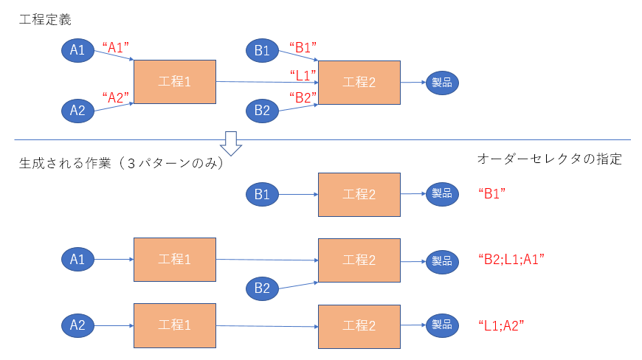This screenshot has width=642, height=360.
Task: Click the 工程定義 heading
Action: [45, 20]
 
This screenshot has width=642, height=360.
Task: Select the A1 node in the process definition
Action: [77, 50]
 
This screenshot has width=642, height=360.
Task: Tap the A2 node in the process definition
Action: [77, 111]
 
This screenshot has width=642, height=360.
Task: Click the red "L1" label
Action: [303, 75]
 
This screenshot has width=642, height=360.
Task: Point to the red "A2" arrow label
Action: [115, 98]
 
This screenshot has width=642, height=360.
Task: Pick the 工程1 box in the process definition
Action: [175, 82]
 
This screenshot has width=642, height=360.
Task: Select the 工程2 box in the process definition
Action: [359, 83]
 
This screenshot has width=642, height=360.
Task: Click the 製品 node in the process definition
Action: [442, 83]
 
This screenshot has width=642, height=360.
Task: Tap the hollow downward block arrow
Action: [231, 144]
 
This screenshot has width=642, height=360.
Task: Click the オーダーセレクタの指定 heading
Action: [550, 159]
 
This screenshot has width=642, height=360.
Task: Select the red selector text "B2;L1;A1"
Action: [511, 260]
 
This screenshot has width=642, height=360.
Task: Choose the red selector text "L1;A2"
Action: [501, 325]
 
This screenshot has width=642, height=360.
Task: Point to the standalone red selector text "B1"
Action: [491, 193]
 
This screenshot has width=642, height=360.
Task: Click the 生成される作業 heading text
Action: [65, 163]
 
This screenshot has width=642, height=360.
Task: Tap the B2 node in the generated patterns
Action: [263, 288]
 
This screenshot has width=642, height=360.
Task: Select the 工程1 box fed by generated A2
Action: [175, 325]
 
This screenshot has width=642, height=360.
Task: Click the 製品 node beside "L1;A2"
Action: [442, 325]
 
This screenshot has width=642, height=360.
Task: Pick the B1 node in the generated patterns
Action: [263, 194]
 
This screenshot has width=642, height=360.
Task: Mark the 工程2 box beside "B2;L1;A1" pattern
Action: [359, 260]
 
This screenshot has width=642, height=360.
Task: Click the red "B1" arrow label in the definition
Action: [303, 47]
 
